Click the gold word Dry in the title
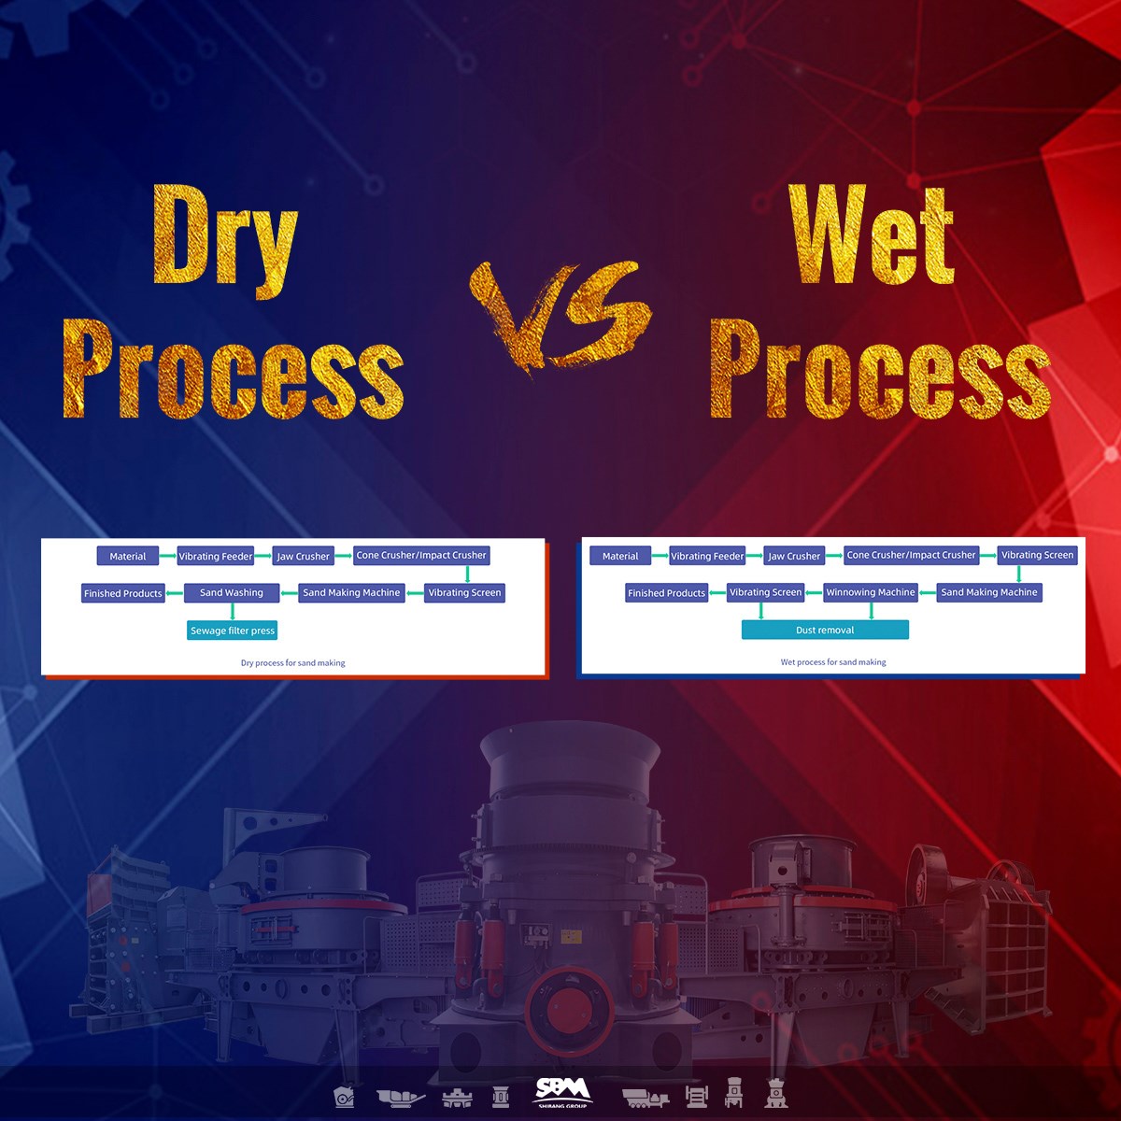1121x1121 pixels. [224, 235]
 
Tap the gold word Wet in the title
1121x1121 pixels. [871, 235]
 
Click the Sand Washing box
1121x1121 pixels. [232, 592]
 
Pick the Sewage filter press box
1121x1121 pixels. [233, 631]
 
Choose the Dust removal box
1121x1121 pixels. [825, 630]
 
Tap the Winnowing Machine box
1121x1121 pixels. [871, 592]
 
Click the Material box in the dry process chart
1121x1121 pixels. [128, 556]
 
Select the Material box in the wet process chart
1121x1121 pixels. [620, 556]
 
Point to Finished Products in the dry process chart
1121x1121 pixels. [123, 593]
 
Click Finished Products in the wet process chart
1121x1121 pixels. [666, 593]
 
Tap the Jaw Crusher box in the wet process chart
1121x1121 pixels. [794, 556]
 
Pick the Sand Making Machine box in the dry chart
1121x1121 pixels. [351, 592]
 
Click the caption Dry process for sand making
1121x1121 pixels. [293, 663]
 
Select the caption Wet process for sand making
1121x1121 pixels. [833, 662]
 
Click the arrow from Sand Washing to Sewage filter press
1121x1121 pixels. [233, 612]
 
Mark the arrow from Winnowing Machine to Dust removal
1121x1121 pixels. [872, 611]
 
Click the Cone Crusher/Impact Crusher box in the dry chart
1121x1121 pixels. [421, 555]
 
